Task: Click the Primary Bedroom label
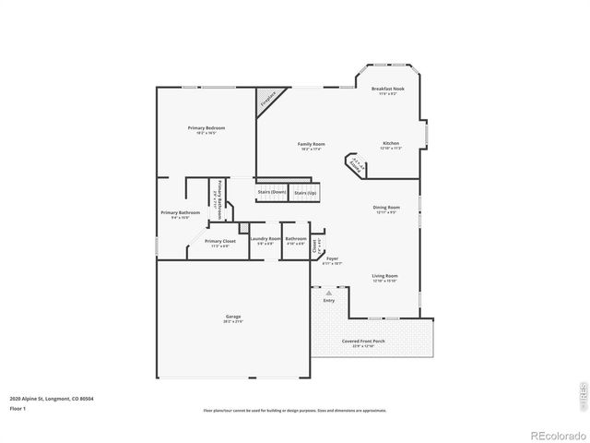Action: point(206,128)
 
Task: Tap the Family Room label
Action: point(311,144)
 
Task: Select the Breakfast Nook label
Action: point(385,90)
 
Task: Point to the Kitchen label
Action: point(391,144)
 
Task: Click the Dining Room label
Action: point(385,208)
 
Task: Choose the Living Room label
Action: point(384,276)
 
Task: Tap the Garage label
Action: point(233,317)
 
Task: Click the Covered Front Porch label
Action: point(362,341)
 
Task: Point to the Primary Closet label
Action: point(220,241)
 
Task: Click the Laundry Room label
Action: point(265,238)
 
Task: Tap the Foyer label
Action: point(332,258)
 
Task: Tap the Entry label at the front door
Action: point(329,300)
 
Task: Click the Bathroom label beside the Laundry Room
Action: point(295,238)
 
